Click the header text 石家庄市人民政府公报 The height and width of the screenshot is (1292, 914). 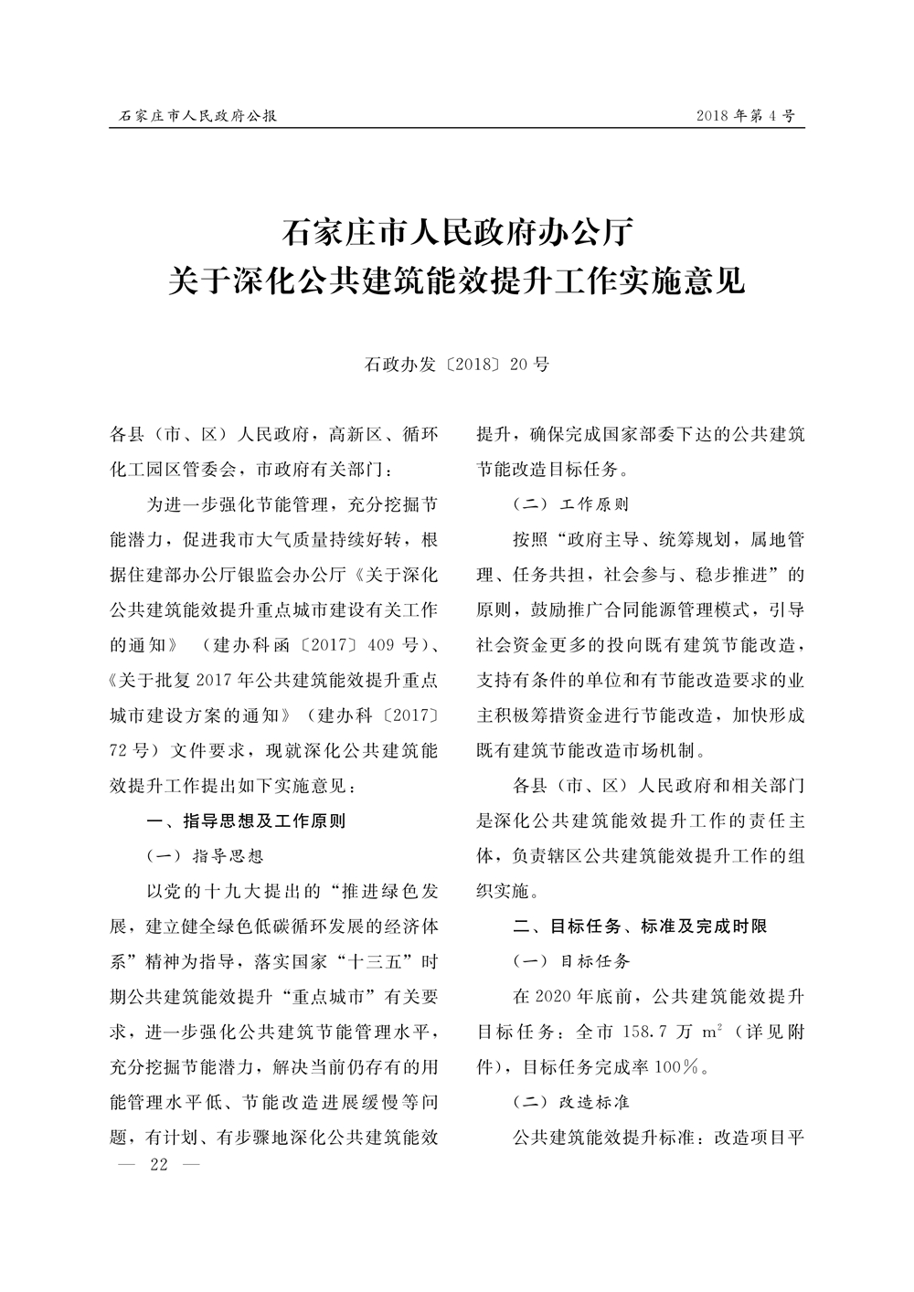[198, 117]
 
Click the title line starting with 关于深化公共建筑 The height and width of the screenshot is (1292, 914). [457, 279]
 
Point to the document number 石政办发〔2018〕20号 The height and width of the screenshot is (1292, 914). [457, 365]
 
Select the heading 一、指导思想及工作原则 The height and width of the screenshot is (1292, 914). [247, 821]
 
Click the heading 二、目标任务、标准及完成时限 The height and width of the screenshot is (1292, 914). [640, 926]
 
